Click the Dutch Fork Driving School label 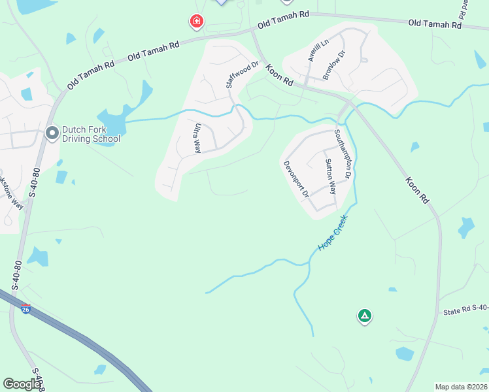click(x=92, y=134)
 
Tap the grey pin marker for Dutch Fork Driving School click(x=52, y=133)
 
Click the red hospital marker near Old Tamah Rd click(x=195, y=23)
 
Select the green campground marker click(x=365, y=317)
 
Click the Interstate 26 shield click(x=25, y=308)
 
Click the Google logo click(x=22, y=384)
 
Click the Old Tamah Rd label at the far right click(x=435, y=24)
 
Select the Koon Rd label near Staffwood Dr click(x=280, y=77)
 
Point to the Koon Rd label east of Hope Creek click(x=416, y=190)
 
